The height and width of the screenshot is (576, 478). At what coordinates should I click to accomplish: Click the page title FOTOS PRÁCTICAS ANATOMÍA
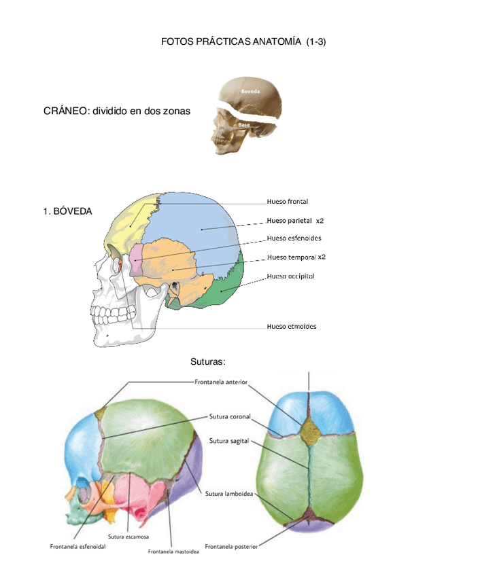[x=243, y=42]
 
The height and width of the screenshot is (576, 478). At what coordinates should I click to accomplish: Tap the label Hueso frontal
[x=287, y=202]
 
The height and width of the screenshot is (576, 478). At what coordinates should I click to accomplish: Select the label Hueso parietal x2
[x=295, y=221]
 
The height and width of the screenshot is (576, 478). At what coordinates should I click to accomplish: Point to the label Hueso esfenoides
[x=294, y=238]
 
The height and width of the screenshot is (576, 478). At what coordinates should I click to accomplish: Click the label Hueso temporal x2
[x=296, y=257]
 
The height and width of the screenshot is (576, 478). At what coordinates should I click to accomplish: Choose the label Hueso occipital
[x=290, y=276]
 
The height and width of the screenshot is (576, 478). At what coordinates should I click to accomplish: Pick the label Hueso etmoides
[x=291, y=326]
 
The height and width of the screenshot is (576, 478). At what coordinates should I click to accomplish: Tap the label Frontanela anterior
[x=221, y=382]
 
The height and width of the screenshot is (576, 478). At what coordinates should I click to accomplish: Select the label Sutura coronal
[x=231, y=416]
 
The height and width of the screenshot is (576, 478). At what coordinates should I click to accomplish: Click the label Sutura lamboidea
[x=231, y=494]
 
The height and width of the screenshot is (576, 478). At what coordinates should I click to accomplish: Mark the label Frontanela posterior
[x=231, y=545]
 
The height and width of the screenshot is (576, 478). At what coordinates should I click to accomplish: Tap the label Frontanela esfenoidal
[x=78, y=546]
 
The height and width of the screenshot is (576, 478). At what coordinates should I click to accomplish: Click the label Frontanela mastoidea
[x=173, y=552]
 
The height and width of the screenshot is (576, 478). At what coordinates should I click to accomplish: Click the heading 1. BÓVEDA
[x=67, y=212]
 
